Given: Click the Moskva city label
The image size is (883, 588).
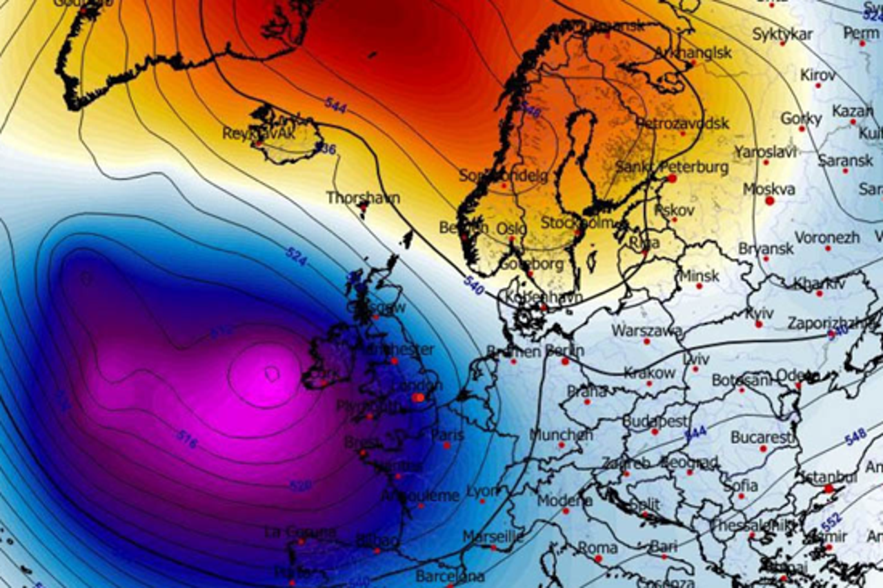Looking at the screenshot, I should (768, 188).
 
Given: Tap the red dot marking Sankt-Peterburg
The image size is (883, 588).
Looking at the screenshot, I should (672, 178).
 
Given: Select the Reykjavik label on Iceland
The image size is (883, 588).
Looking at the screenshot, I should (258, 133).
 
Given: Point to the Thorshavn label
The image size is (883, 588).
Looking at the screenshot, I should (363, 198).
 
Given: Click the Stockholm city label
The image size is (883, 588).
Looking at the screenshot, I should (577, 222).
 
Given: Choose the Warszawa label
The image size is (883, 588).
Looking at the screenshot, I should (646, 330).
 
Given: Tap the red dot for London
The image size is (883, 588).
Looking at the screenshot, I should (417, 398).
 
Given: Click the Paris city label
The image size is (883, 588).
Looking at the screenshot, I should (448, 435).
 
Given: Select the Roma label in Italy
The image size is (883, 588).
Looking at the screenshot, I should (597, 547).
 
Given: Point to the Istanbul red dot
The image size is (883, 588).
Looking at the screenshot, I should (829, 489).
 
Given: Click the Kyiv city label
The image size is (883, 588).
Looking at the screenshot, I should (759, 313).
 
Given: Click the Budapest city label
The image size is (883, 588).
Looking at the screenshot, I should (655, 421).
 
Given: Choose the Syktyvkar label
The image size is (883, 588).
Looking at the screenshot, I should (782, 34).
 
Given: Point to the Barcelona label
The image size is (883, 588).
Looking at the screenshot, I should (450, 576).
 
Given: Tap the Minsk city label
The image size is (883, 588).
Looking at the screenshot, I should (700, 275).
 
